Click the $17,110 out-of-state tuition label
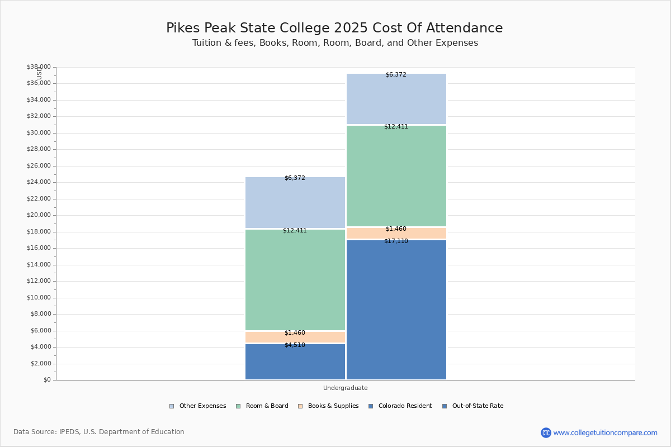(x=396, y=241)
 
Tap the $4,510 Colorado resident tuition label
(x=295, y=345)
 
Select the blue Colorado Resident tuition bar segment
(x=295, y=363)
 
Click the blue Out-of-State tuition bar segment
(x=396, y=313)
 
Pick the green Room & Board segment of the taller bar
(x=396, y=176)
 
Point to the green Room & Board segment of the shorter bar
(x=295, y=279)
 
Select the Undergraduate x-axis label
(x=345, y=388)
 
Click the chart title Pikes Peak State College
(x=334, y=28)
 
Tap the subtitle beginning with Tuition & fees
(x=335, y=43)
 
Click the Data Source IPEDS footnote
(x=99, y=432)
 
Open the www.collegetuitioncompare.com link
(x=605, y=432)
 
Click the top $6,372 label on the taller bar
(x=396, y=75)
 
